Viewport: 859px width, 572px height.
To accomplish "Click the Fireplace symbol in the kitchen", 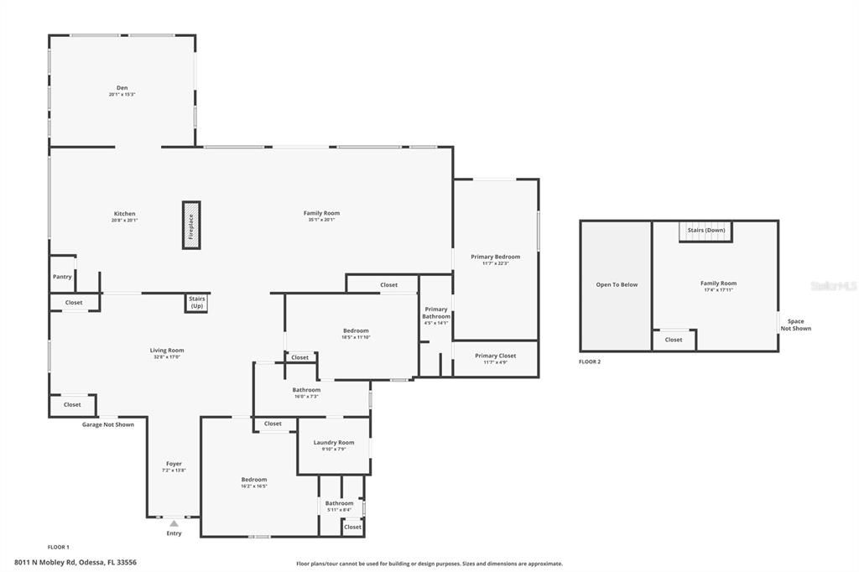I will click(191, 225).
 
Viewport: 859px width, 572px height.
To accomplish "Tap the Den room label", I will click(122, 88).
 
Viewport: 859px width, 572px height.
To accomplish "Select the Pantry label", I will click(62, 277).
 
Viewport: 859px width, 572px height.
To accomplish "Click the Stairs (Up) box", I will click(197, 303).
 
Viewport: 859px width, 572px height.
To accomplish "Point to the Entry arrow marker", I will click(174, 524).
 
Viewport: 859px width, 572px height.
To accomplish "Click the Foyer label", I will click(174, 464).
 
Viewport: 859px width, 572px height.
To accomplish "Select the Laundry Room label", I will click(334, 443).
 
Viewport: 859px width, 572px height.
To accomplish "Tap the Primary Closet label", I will click(495, 356).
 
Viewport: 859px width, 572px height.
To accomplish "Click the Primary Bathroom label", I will click(436, 313).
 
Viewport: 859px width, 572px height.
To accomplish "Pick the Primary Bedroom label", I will click(495, 257).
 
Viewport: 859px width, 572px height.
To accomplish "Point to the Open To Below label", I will click(617, 285).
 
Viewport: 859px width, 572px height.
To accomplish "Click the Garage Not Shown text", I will click(107, 424).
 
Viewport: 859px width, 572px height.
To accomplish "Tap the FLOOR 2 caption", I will click(590, 361).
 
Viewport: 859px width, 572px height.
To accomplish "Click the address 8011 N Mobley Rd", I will click(75, 563).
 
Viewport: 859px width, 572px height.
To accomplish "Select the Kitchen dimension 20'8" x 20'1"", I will click(124, 221).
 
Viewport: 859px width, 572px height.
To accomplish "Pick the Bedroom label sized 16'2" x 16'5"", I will click(254, 480).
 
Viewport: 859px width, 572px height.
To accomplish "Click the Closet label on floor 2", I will click(674, 340).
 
